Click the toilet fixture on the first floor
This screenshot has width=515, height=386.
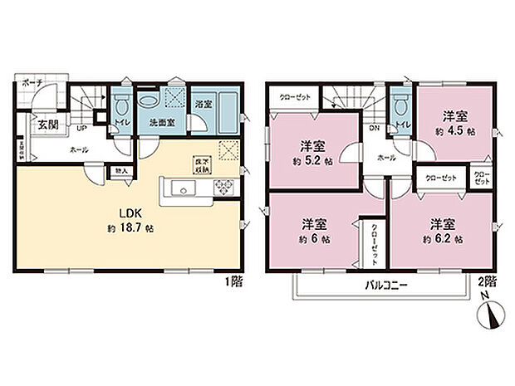point(121,106)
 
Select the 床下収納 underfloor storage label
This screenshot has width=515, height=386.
point(202,164)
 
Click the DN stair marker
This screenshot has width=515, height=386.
point(374,129)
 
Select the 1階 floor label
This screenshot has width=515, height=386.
point(233,281)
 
